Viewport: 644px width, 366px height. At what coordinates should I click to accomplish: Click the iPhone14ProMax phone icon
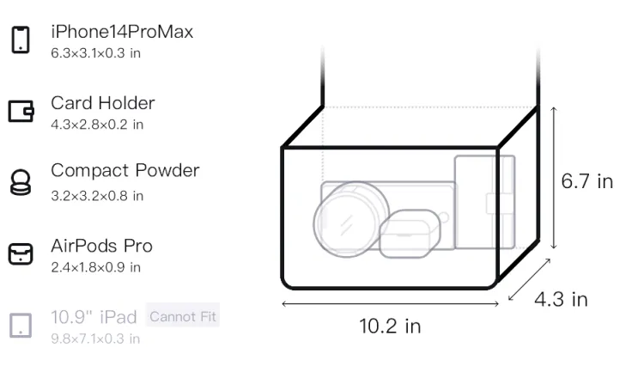tap(21, 40)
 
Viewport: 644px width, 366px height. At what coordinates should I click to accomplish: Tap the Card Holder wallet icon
tap(21, 112)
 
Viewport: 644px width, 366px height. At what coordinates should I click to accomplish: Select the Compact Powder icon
tap(21, 182)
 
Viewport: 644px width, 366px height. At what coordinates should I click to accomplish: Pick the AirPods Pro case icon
tap(21, 253)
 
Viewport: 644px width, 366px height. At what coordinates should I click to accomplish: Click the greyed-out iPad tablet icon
tap(21, 326)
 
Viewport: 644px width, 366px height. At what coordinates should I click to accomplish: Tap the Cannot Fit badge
tap(183, 316)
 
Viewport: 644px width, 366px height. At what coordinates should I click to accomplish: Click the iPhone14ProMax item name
tap(122, 32)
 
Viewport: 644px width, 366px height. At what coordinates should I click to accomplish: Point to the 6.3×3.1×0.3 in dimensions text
tap(95, 53)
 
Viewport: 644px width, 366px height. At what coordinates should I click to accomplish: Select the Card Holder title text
tap(103, 103)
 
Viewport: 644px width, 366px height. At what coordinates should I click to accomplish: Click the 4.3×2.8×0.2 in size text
tap(97, 125)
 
